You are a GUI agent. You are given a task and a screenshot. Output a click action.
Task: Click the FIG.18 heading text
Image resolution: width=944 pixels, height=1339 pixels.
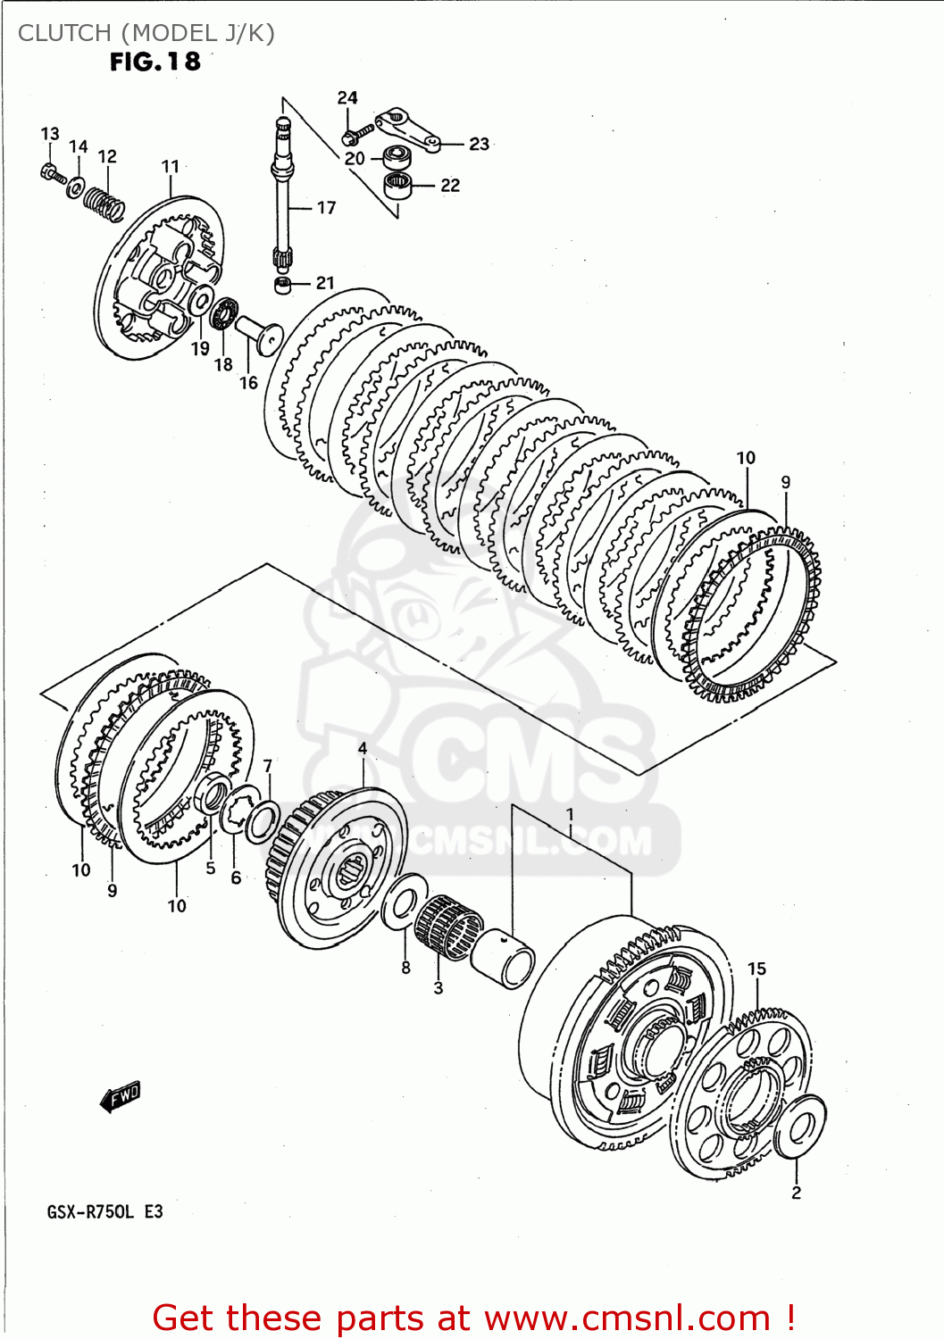tap(155, 62)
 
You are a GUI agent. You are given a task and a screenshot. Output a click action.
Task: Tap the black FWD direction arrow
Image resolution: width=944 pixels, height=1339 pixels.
tap(121, 1096)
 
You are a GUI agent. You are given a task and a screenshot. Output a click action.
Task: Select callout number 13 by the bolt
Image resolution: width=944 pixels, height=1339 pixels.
tap(50, 134)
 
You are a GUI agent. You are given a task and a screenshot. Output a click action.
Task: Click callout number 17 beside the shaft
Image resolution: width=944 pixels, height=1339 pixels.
tap(326, 208)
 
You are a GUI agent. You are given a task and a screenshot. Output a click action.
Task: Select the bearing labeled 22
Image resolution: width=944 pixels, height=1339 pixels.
tap(397, 187)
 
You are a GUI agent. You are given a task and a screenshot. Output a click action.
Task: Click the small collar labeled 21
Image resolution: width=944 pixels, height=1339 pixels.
tap(283, 286)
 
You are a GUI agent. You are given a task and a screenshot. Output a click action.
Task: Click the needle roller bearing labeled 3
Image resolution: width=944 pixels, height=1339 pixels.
tap(447, 928)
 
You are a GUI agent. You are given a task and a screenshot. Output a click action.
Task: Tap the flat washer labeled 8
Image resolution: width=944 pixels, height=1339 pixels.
tap(403, 902)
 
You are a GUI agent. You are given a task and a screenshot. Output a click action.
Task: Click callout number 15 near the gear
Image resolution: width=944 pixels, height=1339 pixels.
tap(756, 969)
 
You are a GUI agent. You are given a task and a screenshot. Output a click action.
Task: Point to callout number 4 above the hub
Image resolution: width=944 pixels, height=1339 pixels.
tap(363, 748)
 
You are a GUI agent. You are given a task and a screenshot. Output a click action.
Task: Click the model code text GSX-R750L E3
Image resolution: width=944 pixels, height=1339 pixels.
tap(104, 1211)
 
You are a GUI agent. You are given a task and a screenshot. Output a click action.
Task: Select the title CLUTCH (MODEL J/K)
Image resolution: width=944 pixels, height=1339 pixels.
tap(146, 33)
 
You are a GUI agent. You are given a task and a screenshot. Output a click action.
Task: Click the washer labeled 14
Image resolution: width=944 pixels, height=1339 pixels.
tap(76, 187)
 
